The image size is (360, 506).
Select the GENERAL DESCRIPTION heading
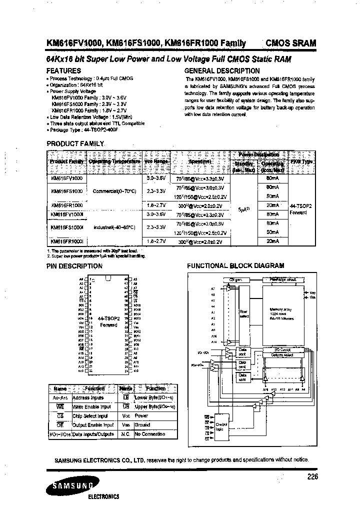pyautogui.click(x=222, y=71)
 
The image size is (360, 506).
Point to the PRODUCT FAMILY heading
pyautogui.click(x=75, y=143)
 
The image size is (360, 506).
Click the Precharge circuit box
pyautogui.click(x=283, y=280)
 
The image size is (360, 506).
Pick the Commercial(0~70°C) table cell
pyautogui.click(x=114, y=191)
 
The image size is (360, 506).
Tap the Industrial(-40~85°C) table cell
pyautogui.click(x=114, y=227)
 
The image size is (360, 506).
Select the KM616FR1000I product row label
pyautogui.click(x=67, y=241)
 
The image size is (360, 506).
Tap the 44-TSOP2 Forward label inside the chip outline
pyautogui.click(x=108, y=321)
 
